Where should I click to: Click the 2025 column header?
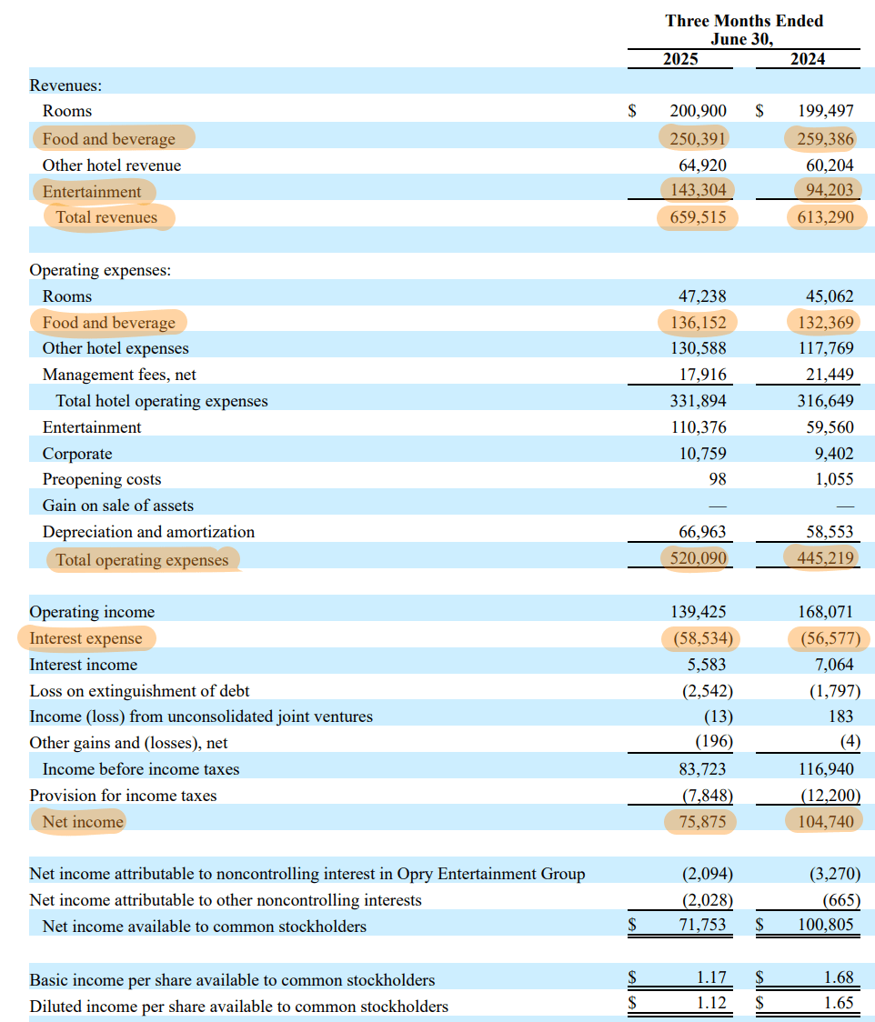click(x=679, y=59)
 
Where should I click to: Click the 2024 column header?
click(x=808, y=59)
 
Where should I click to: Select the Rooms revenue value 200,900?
click(x=698, y=111)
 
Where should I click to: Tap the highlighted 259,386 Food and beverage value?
click(x=825, y=139)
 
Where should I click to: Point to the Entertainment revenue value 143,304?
click(x=698, y=191)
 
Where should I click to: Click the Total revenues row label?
click(x=106, y=217)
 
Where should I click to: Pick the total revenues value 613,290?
click(x=825, y=217)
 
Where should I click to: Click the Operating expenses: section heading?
click(x=100, y=270)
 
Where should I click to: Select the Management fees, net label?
click(x=119, y=375)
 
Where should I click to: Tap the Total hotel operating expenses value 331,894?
click(x=698, y=401)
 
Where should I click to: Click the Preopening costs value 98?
click(x=717, y=479)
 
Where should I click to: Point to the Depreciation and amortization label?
click(x=148, y=532)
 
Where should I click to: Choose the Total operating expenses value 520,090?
click(x=698, y=559)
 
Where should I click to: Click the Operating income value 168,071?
click(x=825, y=612)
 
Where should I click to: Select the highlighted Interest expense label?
click(x=86, y=638)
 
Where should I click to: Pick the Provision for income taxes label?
click(x=123, y=796)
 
